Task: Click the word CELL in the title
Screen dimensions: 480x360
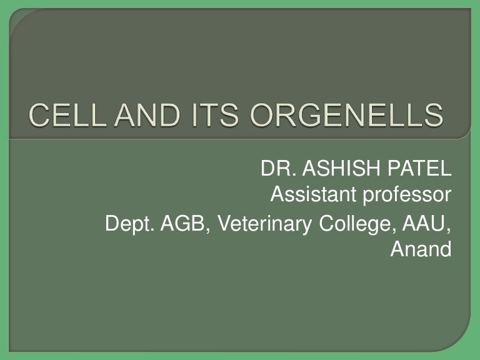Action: coord(67,115)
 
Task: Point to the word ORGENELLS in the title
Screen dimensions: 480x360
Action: coord(346,115)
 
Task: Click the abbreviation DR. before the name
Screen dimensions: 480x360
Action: coord(279,168)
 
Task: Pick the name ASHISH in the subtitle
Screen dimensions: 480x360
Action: coord(341,168)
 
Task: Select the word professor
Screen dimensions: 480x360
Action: coord(407,196)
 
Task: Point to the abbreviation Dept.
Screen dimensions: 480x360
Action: coord(129,224)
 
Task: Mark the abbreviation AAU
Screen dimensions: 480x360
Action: coord(424,224)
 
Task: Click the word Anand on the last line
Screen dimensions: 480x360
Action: coord(421,249)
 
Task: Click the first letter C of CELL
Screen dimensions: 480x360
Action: coord(39,115)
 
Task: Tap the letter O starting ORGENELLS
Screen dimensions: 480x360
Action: coord(262,115)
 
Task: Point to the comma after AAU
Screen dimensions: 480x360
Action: coord(449,230)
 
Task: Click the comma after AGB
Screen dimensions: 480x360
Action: coord(208,230)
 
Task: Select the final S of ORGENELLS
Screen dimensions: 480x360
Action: coord(434,115)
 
